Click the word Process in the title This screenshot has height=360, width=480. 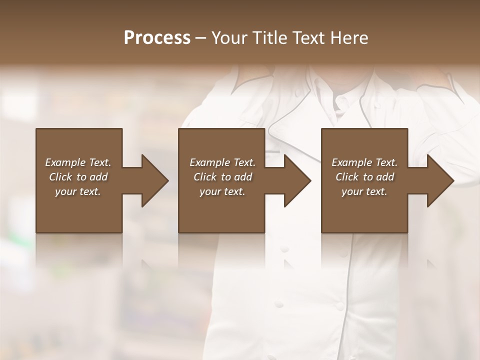157,38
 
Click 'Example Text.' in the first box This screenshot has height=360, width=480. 78,162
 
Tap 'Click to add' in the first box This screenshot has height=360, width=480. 78,177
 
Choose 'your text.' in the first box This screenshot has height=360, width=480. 78,191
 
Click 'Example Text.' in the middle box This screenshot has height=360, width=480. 222,162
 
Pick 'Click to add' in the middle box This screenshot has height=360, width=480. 222,177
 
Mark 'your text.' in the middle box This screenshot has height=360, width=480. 222,191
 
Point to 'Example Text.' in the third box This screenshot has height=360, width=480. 364,162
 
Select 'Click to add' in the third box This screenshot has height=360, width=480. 364,177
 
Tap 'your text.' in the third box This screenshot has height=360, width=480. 364,191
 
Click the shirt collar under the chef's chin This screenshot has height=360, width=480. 344,102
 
